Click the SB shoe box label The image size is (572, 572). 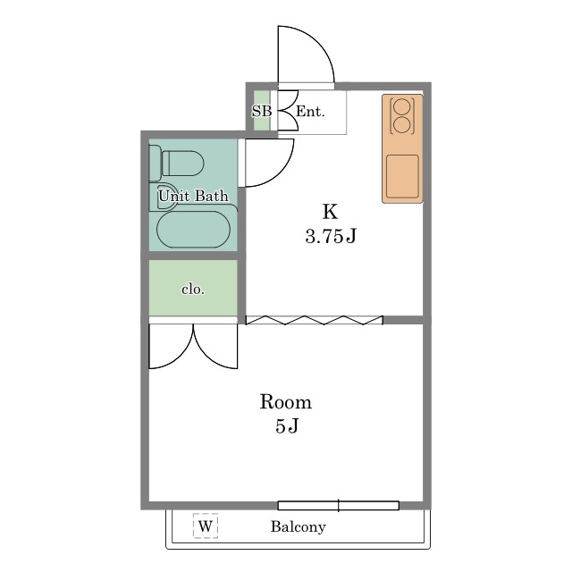[x=261, y=112]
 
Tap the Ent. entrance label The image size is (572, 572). [x=309, y=112]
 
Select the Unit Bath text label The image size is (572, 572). [x=193, y=195]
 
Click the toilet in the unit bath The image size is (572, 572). [x=182, y=164]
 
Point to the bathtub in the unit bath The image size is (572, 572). [x=193, y=228]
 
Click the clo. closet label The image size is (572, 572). [x=193, y=289]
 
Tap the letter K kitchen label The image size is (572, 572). [x=330, y=212]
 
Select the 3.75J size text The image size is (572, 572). [x=330, y=237]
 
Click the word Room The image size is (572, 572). [x=285, y=401]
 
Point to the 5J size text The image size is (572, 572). [x=286, y=426]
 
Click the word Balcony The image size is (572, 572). [x=298, y=526]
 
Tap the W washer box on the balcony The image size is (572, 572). [x=206, y=526]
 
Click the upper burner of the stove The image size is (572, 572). [x=402, y=105]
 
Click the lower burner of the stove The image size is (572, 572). [x=402, y=123]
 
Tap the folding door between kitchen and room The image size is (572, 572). [x=314, y=319]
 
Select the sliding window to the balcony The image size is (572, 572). [x=338, y=505]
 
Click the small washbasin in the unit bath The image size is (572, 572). [x=166, y=197]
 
